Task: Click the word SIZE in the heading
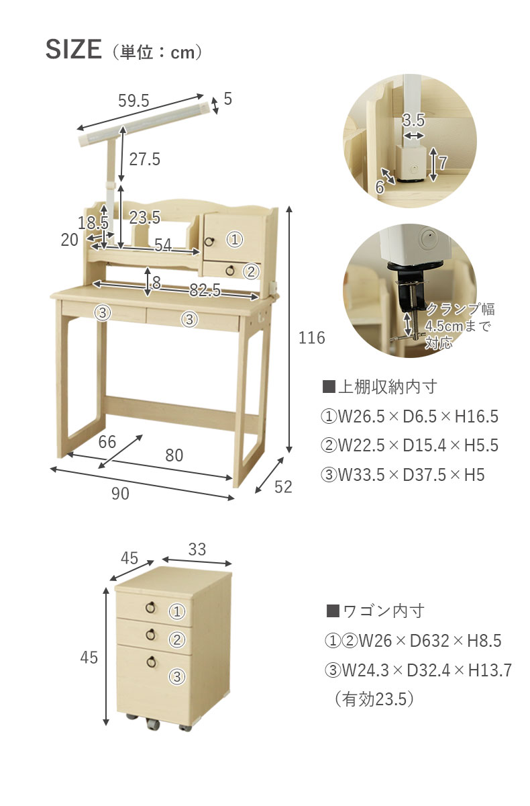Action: [x=74, y=49]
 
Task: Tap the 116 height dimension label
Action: [x=311, y=338]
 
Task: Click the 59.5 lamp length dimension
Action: [x=134, y=101]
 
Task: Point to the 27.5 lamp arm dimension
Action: [x=144, y=159]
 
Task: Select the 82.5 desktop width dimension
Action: [x=205, y=289]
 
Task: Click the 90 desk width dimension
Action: [x=120, y=494]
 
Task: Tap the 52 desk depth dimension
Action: [x=283, y=487]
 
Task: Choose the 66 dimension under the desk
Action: [x=107, y=442]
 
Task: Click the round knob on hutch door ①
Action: [x=209, y=241]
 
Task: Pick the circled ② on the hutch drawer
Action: [x=251, y=271]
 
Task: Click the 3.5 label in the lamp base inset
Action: [x=413, y=120]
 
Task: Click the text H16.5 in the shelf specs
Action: [x=476, y=416]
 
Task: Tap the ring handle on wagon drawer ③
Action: [x=151, y=662]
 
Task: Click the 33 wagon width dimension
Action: [x=197, y=549]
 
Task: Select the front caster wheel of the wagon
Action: [x=153, y=724]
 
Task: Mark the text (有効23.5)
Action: [x=374, y=699]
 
